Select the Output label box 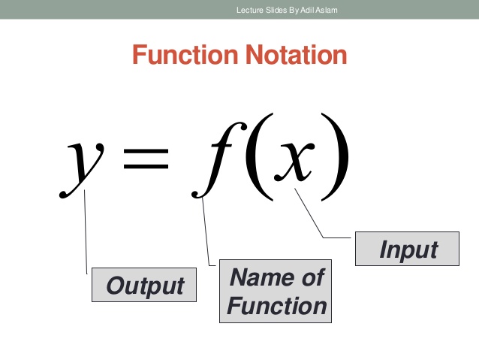pos(144,286)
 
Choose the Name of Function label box pos(276,292)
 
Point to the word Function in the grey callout pos(276,306)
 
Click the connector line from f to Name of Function pos(206,233)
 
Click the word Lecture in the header pos(250,9)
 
